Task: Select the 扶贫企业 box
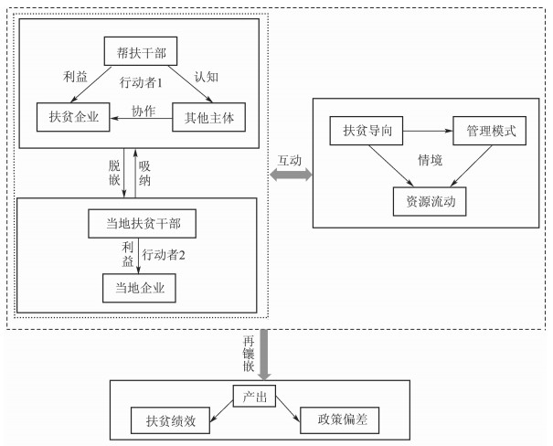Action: [x=72, y=115]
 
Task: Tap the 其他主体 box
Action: [x=208, y=115]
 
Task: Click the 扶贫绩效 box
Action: [x=171, y=422]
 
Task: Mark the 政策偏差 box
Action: [x=340, y=422]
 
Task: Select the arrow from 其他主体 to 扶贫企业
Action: [x=140, y=116]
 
